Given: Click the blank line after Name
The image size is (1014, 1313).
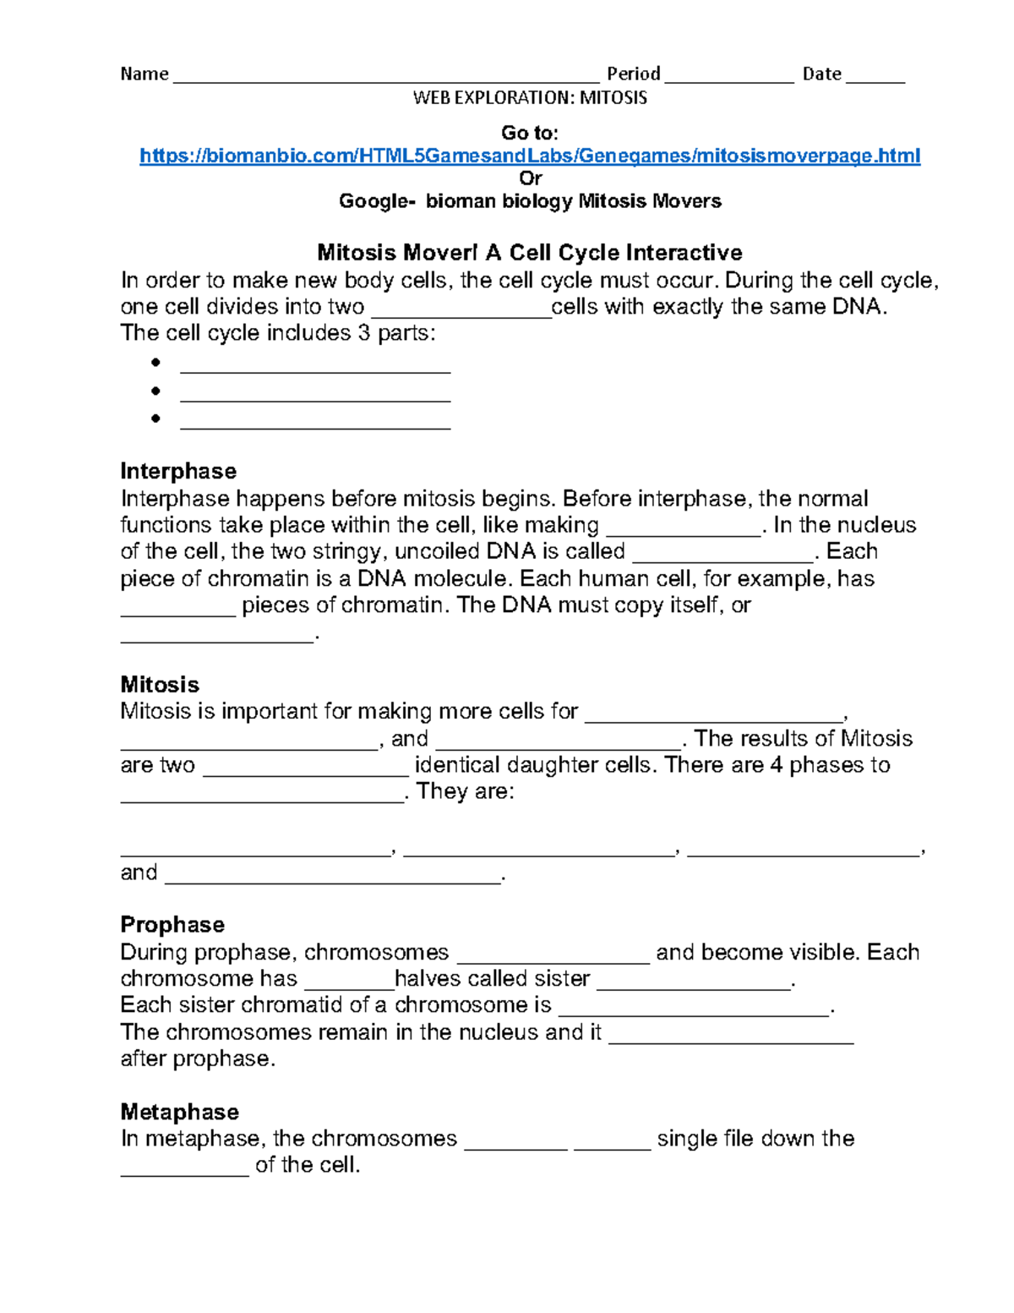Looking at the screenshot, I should pyautogui.click(x=385, y=79).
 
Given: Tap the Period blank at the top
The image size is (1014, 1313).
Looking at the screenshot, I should pyautogui.click(x=729, y=79).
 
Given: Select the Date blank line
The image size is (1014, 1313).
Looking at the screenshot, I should pyautogui.click(x=875, y=79).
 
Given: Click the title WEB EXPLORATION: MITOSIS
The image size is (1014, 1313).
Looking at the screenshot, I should pyautogui.click(x=530, y=98).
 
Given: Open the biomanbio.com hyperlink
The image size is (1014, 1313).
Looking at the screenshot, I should pyautogui.click(x=530, y=156).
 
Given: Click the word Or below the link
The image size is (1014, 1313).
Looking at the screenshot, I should pyautogui.click(x=530, y=178).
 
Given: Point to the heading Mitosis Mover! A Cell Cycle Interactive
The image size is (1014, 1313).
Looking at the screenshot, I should pyautogui.click(x=530, y=252).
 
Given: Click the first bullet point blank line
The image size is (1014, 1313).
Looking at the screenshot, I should pyautogui.click(x=315, y=369).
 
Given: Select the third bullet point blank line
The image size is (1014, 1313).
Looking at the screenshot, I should pyautogui.click(x=315, y=425).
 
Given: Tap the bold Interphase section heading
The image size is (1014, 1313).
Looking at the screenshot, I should pyautogui.click(x=178, y=471).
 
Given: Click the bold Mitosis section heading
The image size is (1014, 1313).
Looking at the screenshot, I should pyautogui.click(x=160, y=684).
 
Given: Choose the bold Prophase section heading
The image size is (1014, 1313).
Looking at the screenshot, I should pyautogui.click(x=172, y=924).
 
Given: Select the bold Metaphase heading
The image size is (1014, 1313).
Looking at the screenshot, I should pyautogui.click(x=179, y=1111).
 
